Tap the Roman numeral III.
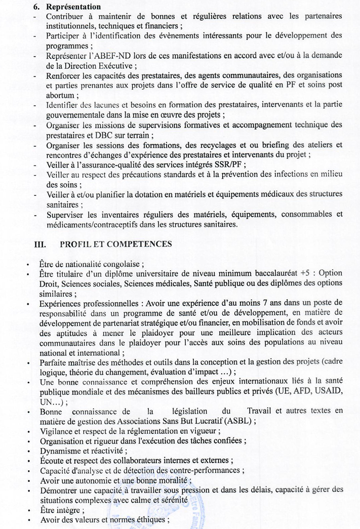39,243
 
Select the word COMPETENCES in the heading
143,243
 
